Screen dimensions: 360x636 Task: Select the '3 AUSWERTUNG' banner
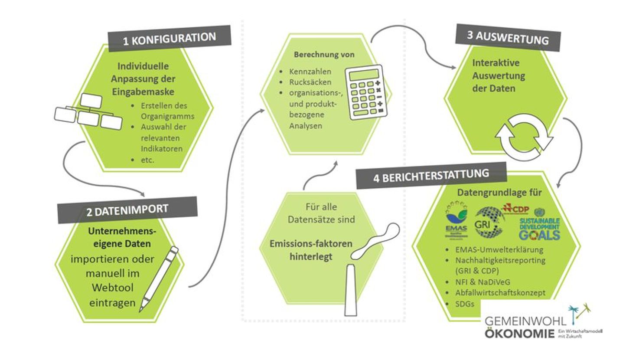pyautogui.click(x=508, y=37)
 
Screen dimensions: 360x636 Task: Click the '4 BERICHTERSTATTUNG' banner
pyautogui.click(x=431, y=176)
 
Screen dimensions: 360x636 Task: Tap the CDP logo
pyautogui.click(x=516, y=209)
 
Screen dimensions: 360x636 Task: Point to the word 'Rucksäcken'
pyautogui.click(x=310, y=82)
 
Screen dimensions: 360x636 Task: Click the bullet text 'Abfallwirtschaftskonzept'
pyautogui.click(x=500, y=293)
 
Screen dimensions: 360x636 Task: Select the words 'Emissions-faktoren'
pyautogui.click(x=311, y=243)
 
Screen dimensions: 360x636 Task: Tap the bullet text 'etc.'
pyautogui.click(x=147, y=160)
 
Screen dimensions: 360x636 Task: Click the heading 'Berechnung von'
pyautogui.click(x=324, y=55)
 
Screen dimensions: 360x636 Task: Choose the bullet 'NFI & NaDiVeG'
pyautogui.click(x=483, y=282)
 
